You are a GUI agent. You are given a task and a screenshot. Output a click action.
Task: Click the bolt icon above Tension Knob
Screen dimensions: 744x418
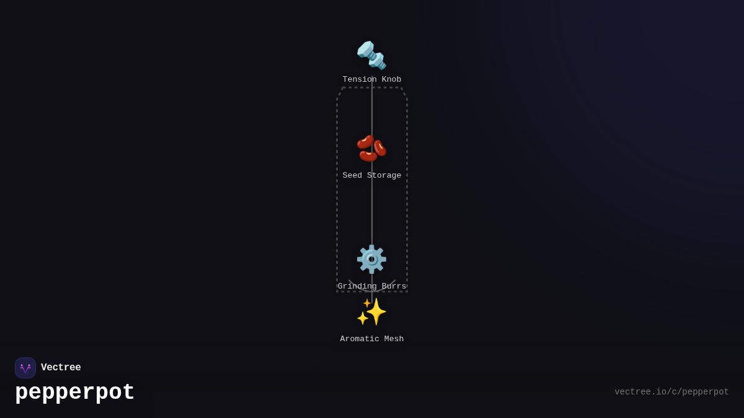tap(371, 55)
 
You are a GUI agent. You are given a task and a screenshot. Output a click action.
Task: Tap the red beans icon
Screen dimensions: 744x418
tap(371, 148)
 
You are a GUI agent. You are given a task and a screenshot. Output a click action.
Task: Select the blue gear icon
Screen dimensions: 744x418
tap(371, 259)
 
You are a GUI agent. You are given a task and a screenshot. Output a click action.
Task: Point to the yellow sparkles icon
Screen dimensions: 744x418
tap(371, 311)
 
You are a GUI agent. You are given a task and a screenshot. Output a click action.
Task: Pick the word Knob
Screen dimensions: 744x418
tap(391, 79)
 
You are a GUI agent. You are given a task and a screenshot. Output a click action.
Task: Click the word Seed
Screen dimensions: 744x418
tap(352, 175)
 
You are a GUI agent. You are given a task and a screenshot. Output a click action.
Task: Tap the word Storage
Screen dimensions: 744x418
tap(384, 175)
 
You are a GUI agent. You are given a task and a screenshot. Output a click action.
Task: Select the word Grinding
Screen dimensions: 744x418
tap(357, 286)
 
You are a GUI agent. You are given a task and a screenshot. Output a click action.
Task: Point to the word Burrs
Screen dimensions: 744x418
tap(394, 286)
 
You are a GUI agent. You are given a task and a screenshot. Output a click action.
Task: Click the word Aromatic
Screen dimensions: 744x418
tap(360, 339)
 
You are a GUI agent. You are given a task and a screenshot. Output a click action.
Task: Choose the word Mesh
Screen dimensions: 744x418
tap(394, 339)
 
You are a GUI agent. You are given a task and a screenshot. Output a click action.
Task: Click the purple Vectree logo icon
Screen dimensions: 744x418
tap(25, 368)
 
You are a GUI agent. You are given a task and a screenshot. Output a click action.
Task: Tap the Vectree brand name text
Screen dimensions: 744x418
tap(61, 367)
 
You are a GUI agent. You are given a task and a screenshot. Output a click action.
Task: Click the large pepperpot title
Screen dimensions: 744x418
tap(74, 393)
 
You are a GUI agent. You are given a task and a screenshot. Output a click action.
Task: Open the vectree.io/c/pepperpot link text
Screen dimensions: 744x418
tap(671, 392)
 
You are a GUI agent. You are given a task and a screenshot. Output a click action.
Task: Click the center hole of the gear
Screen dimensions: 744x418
tap(371, 259)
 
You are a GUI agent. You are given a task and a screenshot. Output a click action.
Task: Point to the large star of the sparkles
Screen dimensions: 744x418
tap(376, 311)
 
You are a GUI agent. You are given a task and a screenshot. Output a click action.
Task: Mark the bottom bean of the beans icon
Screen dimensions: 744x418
tap(368, 156)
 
